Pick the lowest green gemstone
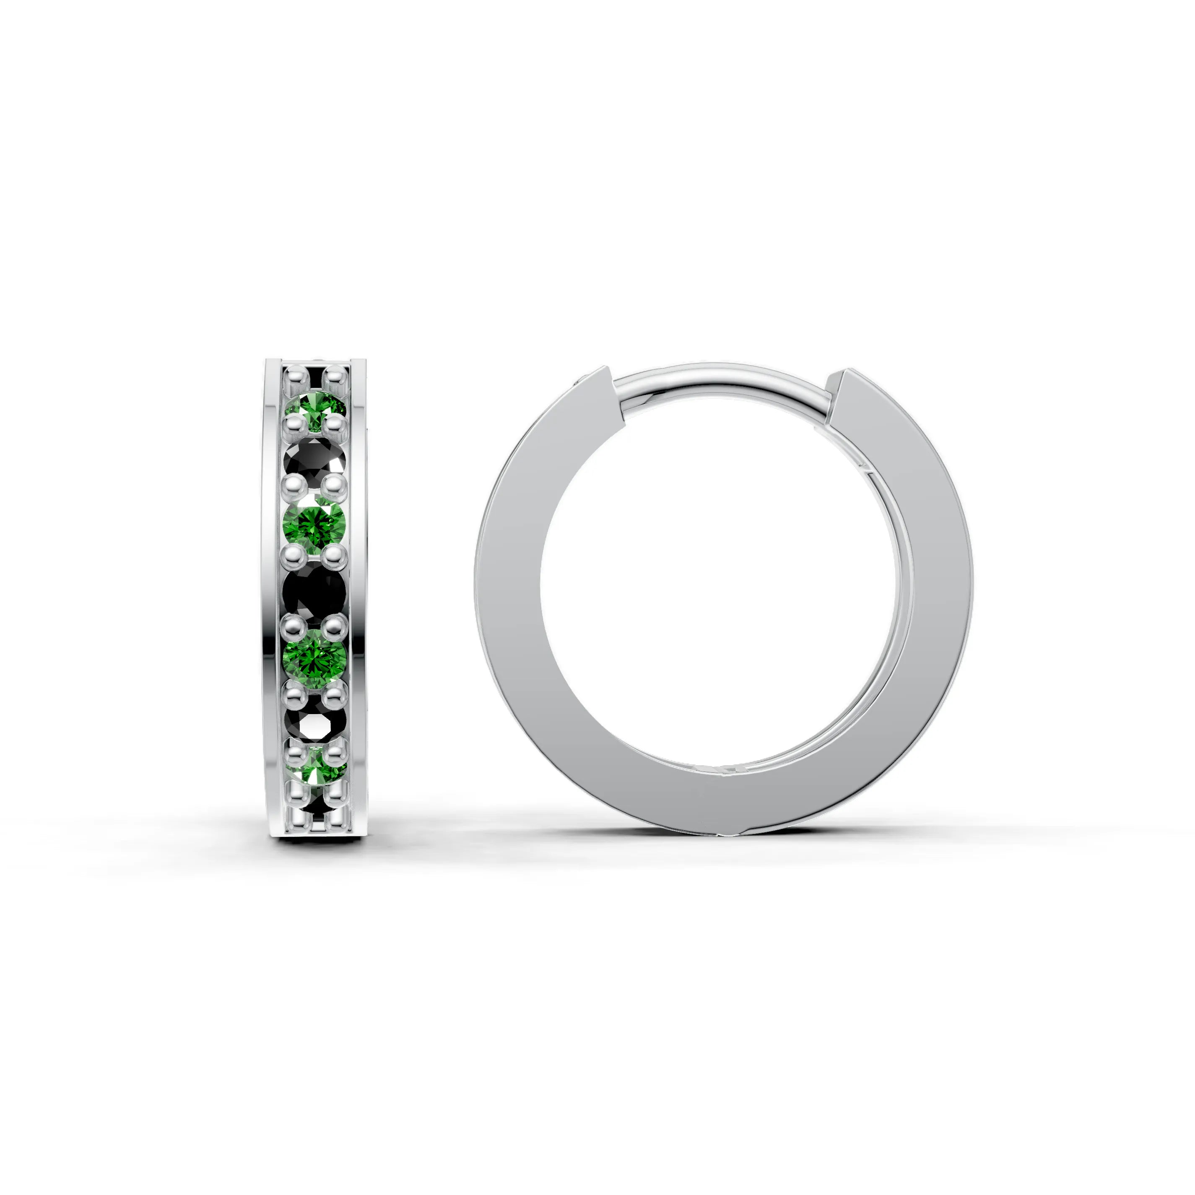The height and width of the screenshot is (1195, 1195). pos(315,771)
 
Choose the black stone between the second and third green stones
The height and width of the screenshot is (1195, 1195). pos(314,591)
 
